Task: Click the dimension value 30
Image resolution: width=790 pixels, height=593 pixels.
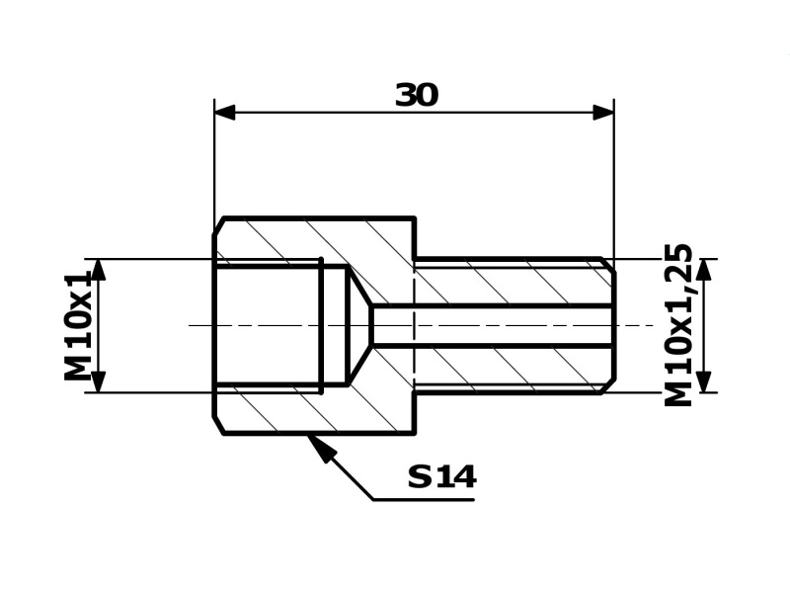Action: coord(416,95)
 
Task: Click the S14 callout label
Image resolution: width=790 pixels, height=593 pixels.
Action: coord(441,477)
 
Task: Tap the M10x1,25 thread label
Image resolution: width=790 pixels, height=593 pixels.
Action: coord(679,324)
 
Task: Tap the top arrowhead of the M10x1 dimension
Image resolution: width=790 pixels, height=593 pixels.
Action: coord(98,270)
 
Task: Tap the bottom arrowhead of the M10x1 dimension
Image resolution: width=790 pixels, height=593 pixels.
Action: coord(98,381)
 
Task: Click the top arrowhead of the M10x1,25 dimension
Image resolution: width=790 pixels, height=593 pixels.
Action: coord(703,270)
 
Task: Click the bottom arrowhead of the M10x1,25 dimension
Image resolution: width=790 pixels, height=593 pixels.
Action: coord(703,381)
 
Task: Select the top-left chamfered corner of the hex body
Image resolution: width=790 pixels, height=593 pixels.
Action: coord(219,225)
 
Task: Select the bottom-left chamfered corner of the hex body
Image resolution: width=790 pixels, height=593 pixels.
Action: coord(219,425)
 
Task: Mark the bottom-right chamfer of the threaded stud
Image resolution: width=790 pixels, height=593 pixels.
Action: coord(608,386)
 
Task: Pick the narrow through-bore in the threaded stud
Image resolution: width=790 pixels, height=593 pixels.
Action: coord(494,325)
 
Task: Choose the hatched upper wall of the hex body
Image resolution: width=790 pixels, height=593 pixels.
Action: coord(316,240)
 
